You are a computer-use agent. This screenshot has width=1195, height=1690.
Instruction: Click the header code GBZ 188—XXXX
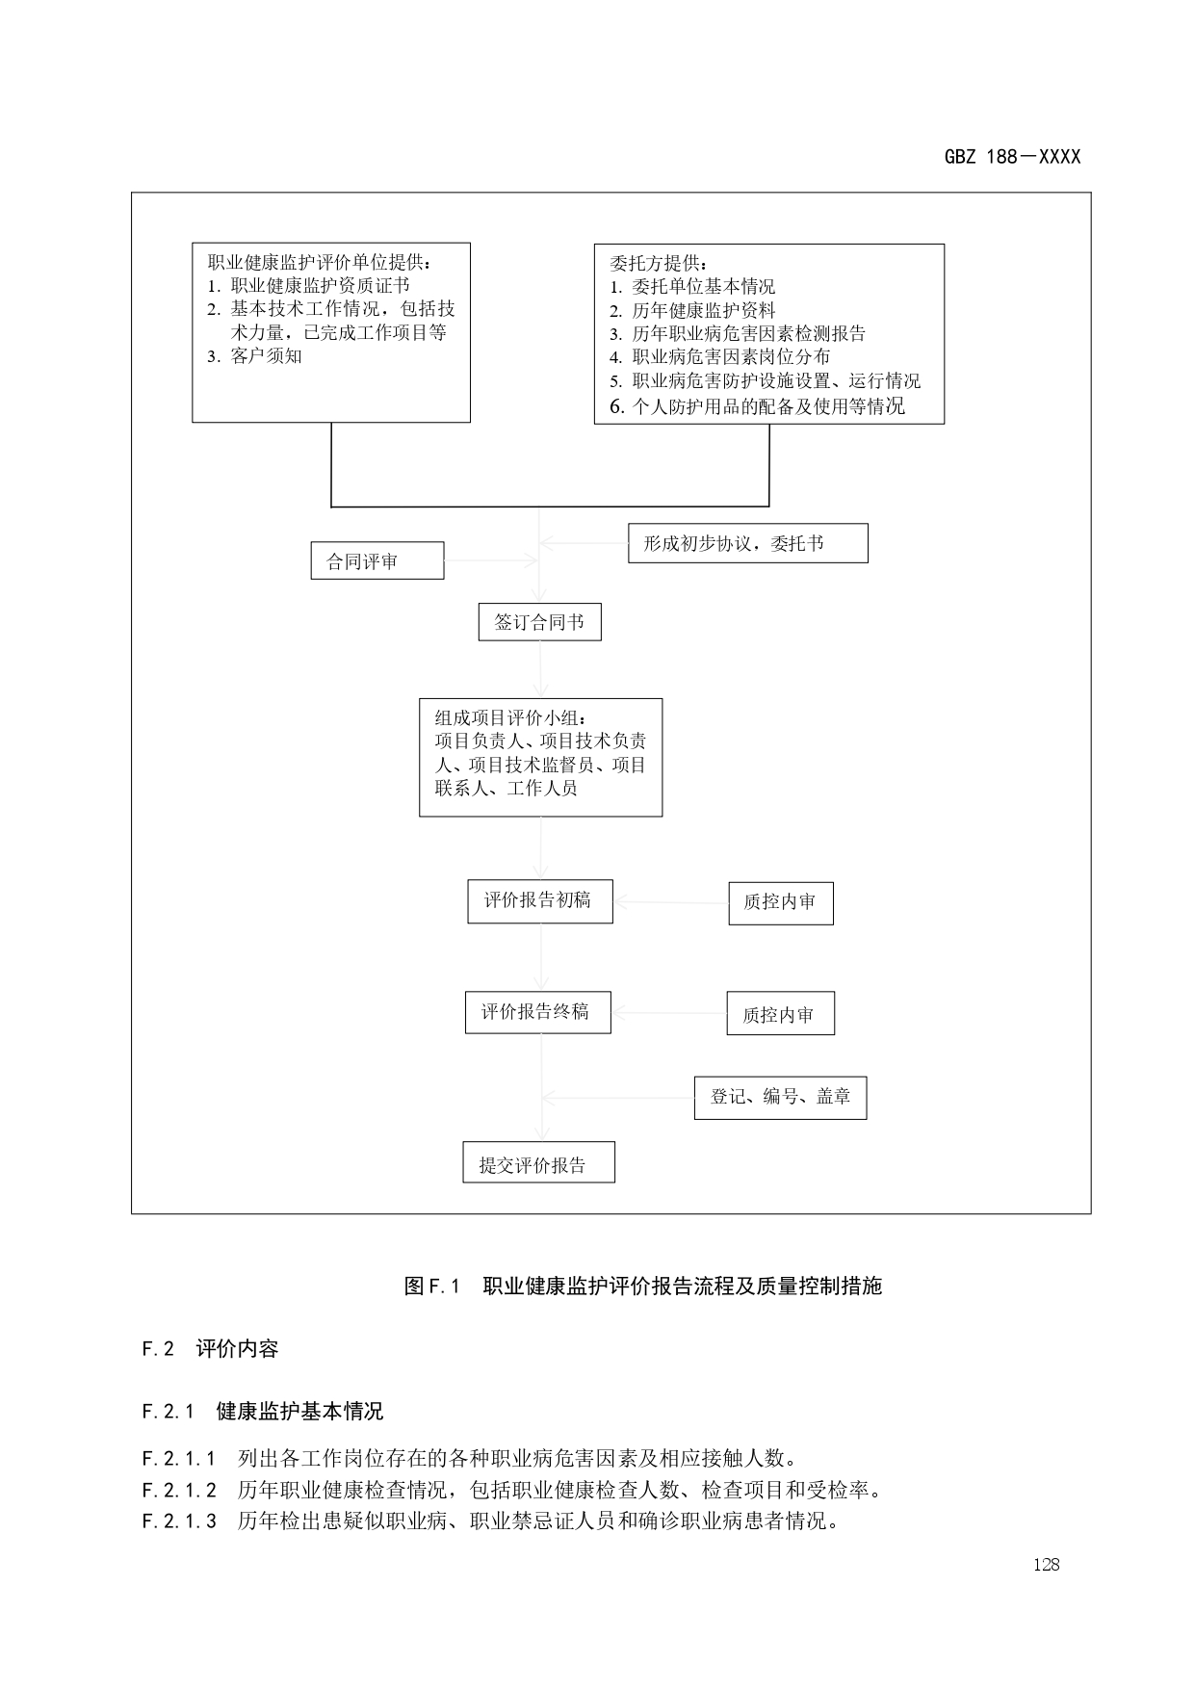click(x=1012, y=157)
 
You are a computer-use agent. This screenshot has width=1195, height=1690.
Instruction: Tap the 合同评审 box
click(x=377, y=560)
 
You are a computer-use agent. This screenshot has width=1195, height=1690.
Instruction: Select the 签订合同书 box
click(x=539, y=622)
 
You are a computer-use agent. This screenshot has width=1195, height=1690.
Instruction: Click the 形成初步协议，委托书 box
click(x=747, y=543)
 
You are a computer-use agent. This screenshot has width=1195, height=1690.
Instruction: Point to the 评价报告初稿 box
click(x=539, y=901)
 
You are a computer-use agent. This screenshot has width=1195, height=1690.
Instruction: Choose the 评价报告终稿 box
click(x=537, y=1012)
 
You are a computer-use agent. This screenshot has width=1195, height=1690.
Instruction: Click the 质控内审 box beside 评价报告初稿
click(x=780, y=903)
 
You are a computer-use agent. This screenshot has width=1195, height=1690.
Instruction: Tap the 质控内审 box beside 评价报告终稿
click(x=780, y=1014)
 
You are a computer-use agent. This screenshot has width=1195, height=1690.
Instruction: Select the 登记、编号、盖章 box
click(x=780, y=1097)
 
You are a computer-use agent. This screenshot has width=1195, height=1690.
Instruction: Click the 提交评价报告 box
click(x=538, y=1162)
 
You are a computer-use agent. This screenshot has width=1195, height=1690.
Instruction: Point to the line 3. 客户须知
click(x=255, y=356)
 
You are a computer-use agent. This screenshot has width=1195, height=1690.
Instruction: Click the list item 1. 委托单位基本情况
click(x=692, y=287)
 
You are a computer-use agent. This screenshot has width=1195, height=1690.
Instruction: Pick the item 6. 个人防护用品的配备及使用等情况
click(x=758, y=406)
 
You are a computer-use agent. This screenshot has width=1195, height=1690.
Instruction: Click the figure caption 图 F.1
click(x=432, y=1287)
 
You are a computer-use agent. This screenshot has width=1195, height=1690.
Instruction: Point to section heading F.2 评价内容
click(x=210, y=1349)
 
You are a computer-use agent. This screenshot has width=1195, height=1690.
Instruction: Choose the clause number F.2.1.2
click(x=179, y=1491)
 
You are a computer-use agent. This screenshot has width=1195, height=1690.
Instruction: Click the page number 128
click(x=1046, y=1565)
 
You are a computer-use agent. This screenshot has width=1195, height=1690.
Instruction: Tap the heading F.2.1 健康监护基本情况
click(x=262, y=1412)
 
